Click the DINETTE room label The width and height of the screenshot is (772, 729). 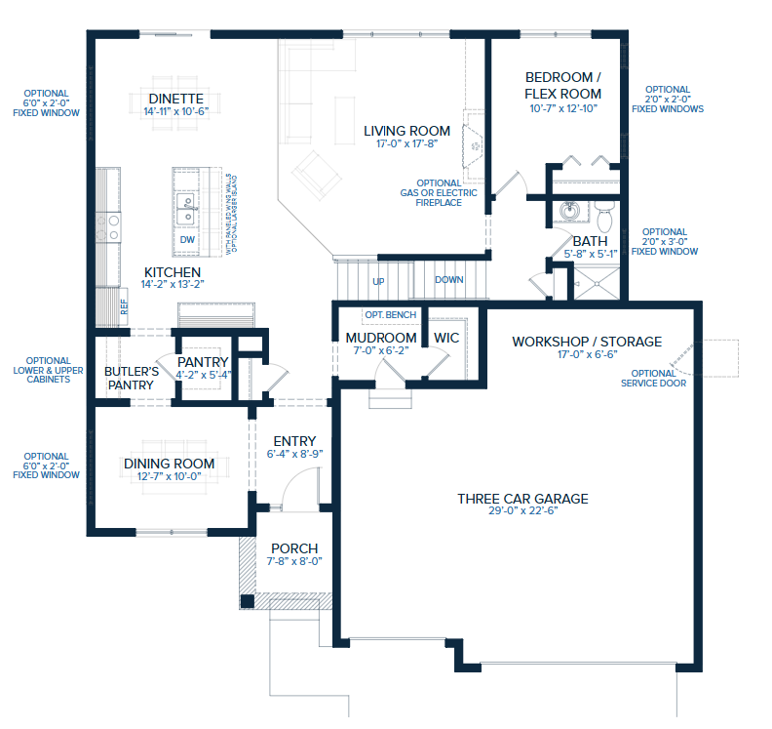(176, 99)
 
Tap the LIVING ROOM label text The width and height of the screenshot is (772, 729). (406, 131)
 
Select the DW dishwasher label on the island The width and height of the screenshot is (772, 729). (187, 239)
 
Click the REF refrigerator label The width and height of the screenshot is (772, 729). (125, 304)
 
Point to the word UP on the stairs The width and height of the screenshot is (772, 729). (378, 281)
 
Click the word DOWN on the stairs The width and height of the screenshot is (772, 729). (449, 280)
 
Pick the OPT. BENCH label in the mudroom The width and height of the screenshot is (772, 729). (390, 315)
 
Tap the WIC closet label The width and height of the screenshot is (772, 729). (446, 338)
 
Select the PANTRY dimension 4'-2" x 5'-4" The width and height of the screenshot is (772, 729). (203, 375)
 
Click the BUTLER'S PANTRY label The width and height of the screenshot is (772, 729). (132, 378)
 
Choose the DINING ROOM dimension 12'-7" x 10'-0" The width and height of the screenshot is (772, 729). (168, 476)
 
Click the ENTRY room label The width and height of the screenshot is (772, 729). (293, 441)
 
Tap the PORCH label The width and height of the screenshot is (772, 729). (294, 548)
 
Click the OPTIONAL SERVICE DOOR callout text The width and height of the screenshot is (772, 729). (653, 378)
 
